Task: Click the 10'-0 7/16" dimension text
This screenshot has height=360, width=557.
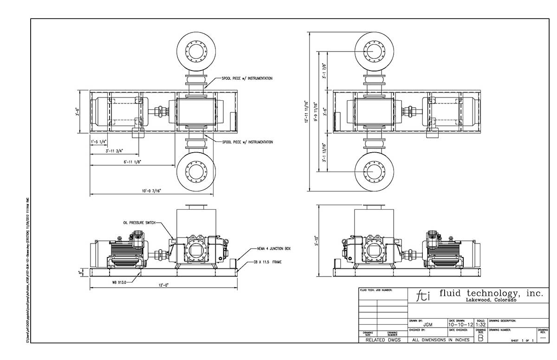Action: point(139,191)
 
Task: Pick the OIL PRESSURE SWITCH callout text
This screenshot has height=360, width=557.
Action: point(139,223)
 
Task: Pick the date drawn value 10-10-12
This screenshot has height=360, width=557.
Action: point(461,325)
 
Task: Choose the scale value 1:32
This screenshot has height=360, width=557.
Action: point(480,325)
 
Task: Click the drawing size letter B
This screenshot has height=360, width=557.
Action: point(480,338)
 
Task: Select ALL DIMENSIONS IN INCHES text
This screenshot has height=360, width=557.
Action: point(440,340)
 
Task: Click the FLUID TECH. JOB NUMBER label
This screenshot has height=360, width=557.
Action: point(376,290)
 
